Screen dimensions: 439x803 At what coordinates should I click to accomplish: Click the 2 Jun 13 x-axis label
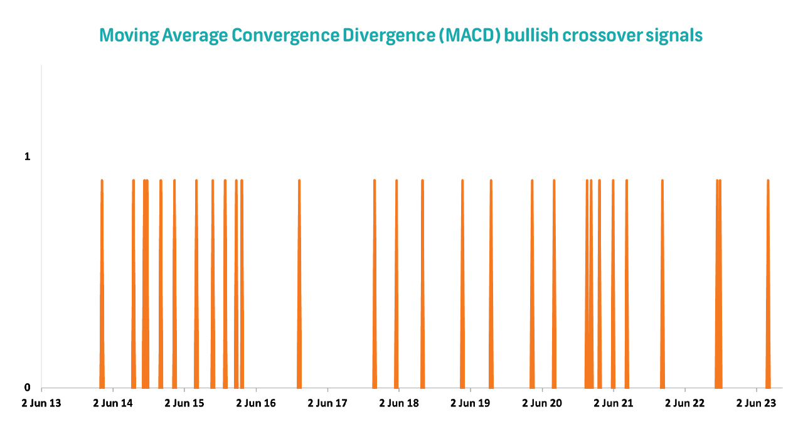pyautogui.click(x=41, y=403)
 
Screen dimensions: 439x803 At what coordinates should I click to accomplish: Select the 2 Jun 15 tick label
pyautogui.click(x=184, y=403)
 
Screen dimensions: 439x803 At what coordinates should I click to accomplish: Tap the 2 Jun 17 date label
pyautogui.click(x=327, y=403)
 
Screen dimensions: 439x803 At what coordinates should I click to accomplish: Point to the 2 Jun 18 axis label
pyautogui.click(x=399, y=403)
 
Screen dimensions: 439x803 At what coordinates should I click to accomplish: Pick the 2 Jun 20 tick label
pyautogui.click(x=542, y=403)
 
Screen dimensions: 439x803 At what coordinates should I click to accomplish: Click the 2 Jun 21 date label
pyautogui.click(x=614, y=403)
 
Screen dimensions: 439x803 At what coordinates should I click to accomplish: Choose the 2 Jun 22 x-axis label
pyautogui.click(x=685, y=403)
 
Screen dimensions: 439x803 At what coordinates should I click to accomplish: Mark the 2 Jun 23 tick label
pyautogui.click(x=757, y=403)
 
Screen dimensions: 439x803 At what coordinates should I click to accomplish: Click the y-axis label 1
pyautogui.click(x=27, y=157)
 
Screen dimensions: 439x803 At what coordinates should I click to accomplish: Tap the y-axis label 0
pyautogui.click(x=27, y=388)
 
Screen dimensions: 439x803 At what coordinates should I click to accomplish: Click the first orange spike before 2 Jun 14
pyautogui.click(x=102, y=282)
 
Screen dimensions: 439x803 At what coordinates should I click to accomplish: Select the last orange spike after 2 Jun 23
pyautogui.click(x=768, y=282)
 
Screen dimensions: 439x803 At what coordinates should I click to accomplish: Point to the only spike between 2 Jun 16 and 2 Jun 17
pyautogui.click(x=299, y=282)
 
